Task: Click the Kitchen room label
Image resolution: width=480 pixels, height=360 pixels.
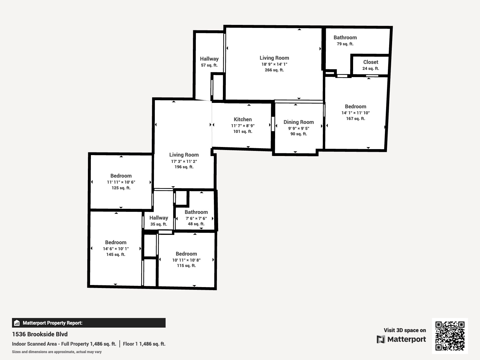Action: point(243,119)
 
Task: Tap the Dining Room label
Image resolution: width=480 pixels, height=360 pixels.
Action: point(298,122)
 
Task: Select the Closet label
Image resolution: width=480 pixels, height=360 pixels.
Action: point(370,62)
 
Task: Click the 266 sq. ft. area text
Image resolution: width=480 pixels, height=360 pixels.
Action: point(274,70)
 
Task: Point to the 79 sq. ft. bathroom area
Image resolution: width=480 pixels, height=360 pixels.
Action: point(345,44)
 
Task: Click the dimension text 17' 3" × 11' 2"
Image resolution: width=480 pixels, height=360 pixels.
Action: point(184,161)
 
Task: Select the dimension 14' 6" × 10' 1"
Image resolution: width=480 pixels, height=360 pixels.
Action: point(116,249)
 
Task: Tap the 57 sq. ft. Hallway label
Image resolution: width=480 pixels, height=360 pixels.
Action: point(209,59)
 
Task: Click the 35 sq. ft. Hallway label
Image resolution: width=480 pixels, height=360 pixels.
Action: point(159,218)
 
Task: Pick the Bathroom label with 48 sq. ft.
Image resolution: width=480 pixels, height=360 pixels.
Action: point(196,212)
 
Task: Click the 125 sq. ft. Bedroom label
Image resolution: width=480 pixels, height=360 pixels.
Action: point(121,176)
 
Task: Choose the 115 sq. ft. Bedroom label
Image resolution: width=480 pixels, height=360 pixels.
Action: point(186,254)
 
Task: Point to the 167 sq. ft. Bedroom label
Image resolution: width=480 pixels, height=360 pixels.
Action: point(355,106)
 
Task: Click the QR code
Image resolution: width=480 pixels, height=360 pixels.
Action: point(450,336)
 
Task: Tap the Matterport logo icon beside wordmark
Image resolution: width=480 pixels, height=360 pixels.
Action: point(381,339)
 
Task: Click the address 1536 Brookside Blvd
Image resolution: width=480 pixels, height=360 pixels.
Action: point(40,334)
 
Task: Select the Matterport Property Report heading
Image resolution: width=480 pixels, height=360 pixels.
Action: point(52,323)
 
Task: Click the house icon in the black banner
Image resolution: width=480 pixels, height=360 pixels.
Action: point(17,323)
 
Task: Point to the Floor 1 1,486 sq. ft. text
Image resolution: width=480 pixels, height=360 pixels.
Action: point(144,344)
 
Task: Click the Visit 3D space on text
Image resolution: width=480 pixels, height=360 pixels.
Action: point(405,330)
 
